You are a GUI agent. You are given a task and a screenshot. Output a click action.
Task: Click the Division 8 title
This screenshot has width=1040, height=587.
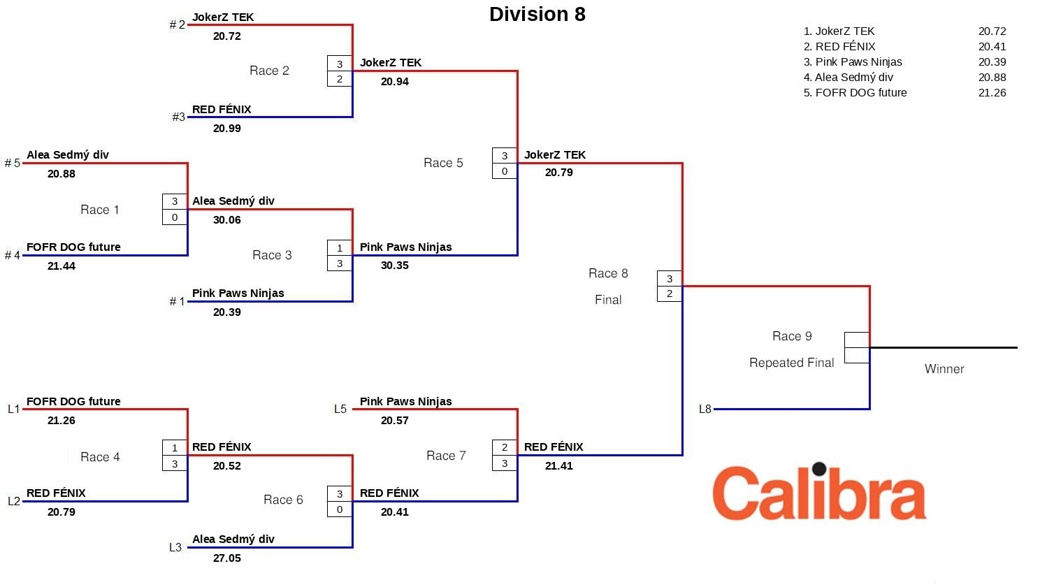click(537, 15)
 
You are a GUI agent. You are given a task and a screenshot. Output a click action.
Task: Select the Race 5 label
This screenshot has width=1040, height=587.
click(443, 163)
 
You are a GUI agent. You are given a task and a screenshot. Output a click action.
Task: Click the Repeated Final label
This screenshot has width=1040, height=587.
click(791, 363)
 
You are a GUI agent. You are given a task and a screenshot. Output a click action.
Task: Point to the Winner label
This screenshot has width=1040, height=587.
click(944, 369)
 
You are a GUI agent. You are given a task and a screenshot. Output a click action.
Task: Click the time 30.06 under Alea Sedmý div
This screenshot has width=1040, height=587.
click(226, 220)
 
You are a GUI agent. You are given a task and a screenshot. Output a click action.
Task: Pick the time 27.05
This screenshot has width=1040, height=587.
click(226, 558)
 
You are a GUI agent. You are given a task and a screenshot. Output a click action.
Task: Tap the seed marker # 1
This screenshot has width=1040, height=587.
click(177, 302)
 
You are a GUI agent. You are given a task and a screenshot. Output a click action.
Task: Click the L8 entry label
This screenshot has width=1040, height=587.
click(705, 410)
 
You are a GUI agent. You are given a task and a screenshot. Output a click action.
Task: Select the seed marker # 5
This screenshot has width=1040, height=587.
click(12, 164)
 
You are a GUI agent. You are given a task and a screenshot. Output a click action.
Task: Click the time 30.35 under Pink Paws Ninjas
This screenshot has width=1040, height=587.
click(394, 266)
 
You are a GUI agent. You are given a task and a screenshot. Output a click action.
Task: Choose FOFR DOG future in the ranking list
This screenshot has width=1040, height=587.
click(860, 93)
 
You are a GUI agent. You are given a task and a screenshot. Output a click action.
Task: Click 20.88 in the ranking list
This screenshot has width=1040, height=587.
click(992, 78)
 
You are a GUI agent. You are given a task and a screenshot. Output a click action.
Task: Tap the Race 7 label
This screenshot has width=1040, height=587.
click(446, 456)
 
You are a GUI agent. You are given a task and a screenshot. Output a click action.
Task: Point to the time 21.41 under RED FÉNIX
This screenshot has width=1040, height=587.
click(558, 466)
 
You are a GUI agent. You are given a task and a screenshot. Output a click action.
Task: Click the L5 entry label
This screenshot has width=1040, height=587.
click(340, 410)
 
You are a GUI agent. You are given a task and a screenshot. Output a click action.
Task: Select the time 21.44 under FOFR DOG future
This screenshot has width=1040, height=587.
click(61, 266)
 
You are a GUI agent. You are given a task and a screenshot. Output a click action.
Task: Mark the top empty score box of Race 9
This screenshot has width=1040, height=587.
click(856, 340)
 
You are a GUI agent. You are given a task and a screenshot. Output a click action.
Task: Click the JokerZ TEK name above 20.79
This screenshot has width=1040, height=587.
click(554, 155)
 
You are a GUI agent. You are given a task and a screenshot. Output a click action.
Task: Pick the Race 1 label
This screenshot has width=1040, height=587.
click(99, 210)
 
